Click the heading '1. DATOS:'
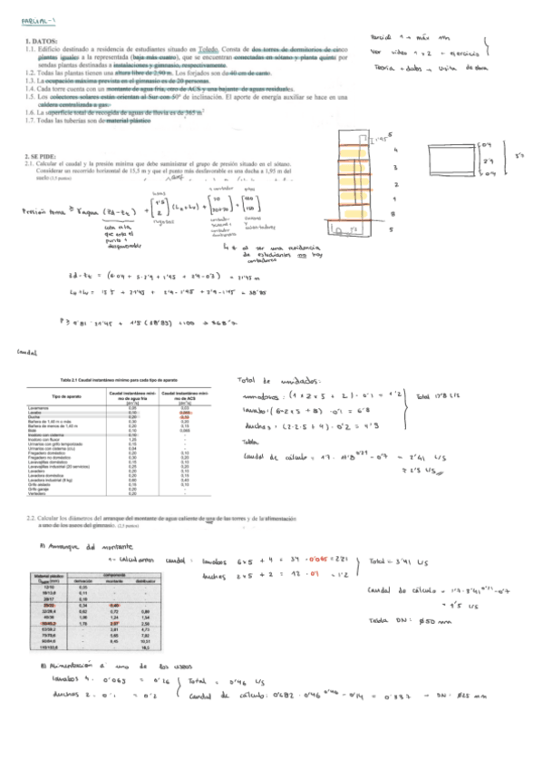click(42, 42)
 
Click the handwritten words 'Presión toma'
click(43, 211)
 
